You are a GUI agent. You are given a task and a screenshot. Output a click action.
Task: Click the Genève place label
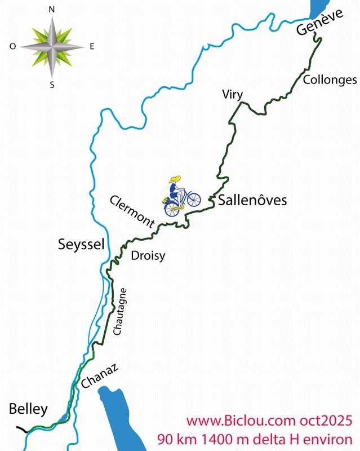(319, 24)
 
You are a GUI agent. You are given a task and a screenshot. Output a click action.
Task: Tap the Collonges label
(330, 80)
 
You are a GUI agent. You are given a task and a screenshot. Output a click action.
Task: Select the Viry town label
(232, 94)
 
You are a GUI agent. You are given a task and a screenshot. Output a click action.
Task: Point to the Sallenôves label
(252, 200)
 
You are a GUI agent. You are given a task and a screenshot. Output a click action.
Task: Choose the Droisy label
(148, 256)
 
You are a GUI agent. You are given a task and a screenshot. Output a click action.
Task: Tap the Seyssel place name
(82, 244)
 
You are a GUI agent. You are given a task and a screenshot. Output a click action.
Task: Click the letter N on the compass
(52, 10)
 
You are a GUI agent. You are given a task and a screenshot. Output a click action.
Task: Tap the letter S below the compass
(52, 85)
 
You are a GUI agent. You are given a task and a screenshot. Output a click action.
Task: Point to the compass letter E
(92, 47)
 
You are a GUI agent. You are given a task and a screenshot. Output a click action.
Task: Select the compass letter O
(12, 47)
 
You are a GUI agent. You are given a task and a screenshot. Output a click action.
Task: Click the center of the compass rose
(52, 47)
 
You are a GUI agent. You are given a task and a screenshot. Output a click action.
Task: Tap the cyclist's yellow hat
(175, 179)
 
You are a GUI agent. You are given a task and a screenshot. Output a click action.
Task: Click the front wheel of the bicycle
(193, 200)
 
